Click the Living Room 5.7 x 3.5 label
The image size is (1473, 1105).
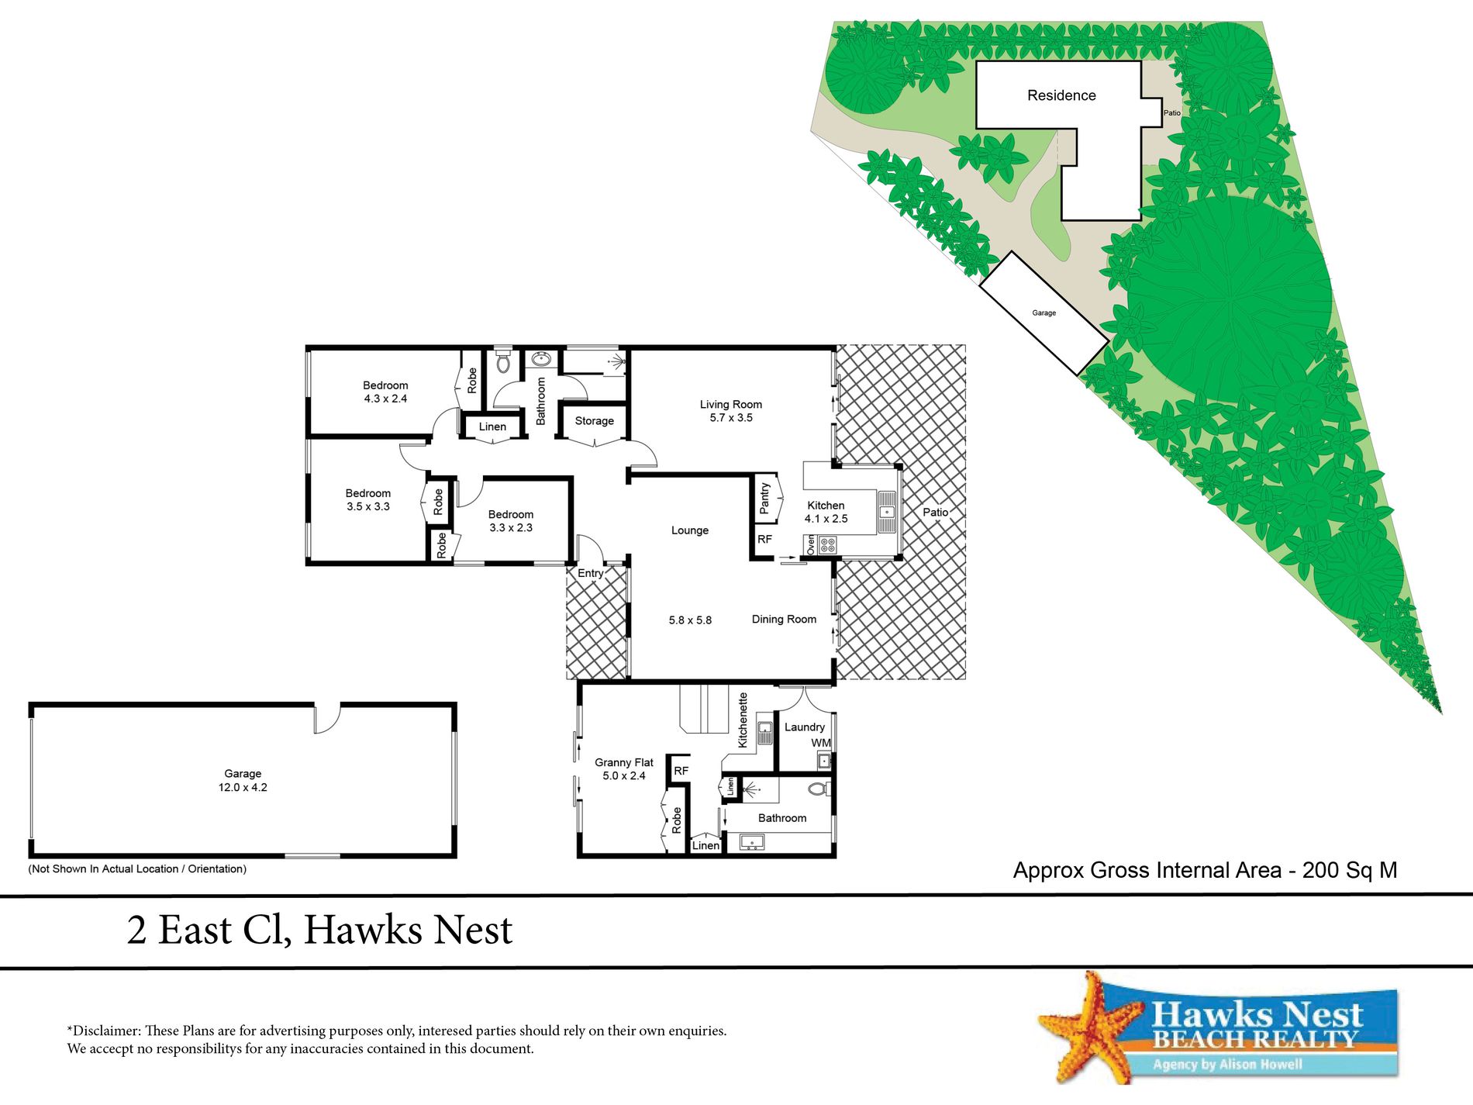[x=730, y=411]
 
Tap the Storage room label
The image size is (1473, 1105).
[x=594, y=421]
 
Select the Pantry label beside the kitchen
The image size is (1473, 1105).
[x=765, y=499]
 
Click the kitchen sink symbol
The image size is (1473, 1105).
[x=887, y=512]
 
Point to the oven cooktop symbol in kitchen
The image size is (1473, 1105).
[x=827, y=545]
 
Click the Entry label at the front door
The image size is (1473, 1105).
[x=590, y=574]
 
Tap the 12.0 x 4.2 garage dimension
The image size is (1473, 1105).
[x=243, y=788]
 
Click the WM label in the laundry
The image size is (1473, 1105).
[x=820, y=743]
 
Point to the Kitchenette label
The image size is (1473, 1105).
[x=743, y=720]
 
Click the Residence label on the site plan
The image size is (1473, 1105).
[x=1061, y=95]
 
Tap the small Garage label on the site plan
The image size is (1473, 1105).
[x=1044, y=313]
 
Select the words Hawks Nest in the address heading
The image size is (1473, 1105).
[x=408, y=930]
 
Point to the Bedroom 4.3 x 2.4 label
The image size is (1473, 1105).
[x=385, y=392]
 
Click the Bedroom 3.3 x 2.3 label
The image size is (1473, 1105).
[x=510, y=521]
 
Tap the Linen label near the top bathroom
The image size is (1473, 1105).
[x=492, y=427]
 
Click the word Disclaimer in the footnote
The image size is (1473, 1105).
[x=105, y=1031]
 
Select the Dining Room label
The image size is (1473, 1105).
[x=784, y=620]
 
